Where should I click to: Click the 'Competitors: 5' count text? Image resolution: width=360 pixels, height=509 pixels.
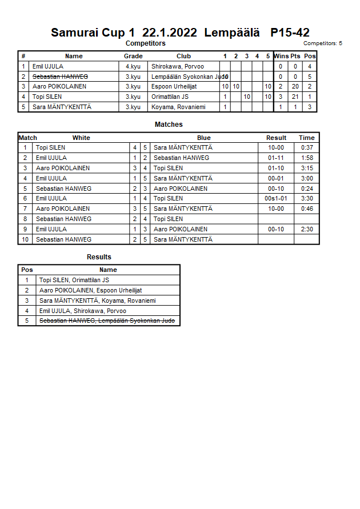coord(322,43)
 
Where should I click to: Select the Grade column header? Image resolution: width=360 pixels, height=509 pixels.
coord(133,56)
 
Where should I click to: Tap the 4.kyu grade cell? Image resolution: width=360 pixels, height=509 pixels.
coord(133,66)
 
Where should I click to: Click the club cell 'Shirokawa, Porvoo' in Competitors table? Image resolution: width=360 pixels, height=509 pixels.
coord(178,66)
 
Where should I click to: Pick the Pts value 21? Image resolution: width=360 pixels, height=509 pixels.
coord(295,97)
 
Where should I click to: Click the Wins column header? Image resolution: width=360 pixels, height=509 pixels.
coord(281,56)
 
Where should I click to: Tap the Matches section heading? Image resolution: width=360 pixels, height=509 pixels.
coord(169,125)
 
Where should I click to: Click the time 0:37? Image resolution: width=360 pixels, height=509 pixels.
coord(306,147)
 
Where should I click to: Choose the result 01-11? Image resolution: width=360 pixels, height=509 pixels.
coord(276,158)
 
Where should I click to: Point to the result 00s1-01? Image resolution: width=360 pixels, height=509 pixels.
coord(276,198)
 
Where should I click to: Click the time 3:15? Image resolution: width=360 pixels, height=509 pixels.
coord(306,168)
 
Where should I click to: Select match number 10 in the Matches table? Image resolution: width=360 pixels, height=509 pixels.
coord(25,239)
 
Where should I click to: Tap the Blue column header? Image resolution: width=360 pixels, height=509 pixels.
coord(204,138)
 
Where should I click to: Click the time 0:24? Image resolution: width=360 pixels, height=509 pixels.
coord(306,189)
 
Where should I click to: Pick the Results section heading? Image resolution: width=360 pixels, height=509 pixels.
coord(99,257)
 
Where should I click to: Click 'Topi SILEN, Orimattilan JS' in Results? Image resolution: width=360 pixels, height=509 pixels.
coord(74,280)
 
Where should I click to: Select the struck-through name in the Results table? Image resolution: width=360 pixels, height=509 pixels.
coord(107,321)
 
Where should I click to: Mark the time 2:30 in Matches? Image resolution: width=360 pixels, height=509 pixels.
coord(306,229)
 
